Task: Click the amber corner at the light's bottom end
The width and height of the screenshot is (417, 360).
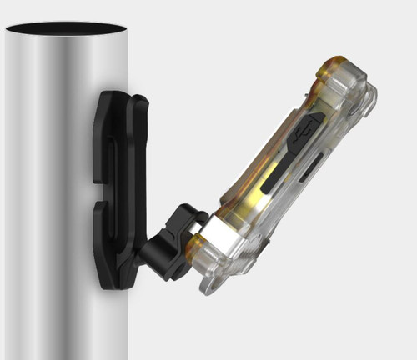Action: pyautogui.click(x=197, y=247)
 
